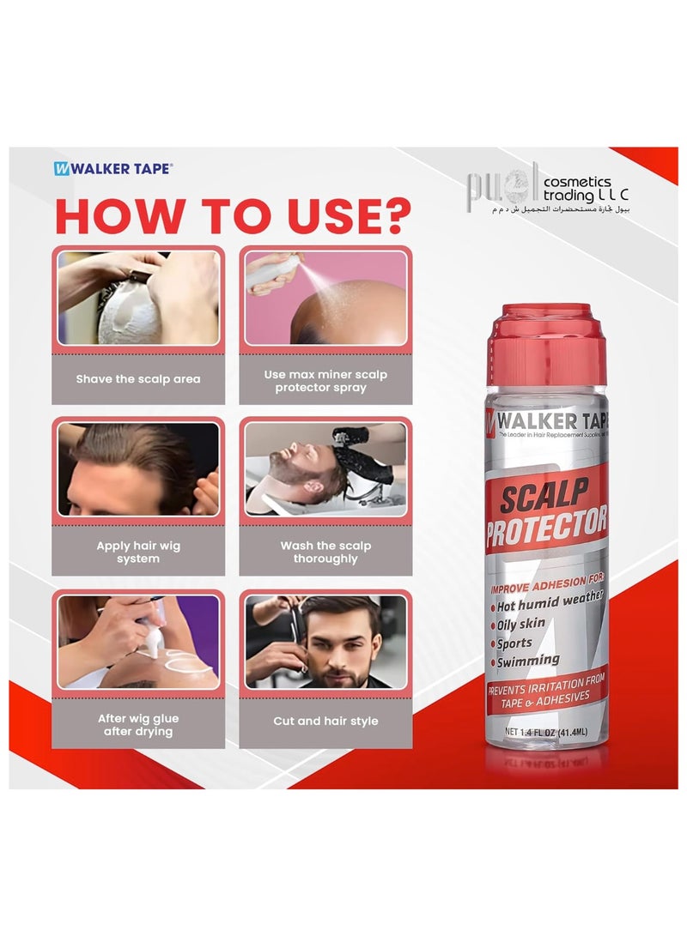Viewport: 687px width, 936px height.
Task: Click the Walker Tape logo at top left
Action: pyautogui.click(x=112, y=169)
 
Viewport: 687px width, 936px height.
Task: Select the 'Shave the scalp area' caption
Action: pyautogui.click(x=138, y=379)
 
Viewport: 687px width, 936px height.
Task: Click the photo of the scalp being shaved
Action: pyautogui.click(x=138, y=298)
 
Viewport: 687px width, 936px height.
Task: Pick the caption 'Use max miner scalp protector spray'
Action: pyautogui.click(x=325, y=381)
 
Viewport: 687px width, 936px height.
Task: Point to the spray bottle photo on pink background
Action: pyautogui.click(x=325, y=298)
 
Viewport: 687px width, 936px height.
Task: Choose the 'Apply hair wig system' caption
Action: pyautogui.click(x=138, y=552)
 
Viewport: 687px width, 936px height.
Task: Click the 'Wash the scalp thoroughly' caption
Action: pyautogui.click(x=325, y=552)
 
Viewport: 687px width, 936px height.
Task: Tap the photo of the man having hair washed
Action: pyautogui.click(x=325, y=469)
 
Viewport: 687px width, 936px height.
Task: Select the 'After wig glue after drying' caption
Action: pyautogui.click(x=138, y=724)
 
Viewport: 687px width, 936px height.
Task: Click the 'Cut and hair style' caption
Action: pyautogui.click(x=325, y=722)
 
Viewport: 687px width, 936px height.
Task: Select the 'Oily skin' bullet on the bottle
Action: pyautogui.click(x=526, y=624)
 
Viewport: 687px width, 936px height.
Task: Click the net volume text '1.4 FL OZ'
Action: pyautogui.click(x=544, y=732)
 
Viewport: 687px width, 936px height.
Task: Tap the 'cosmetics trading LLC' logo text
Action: pyautogui.click(x=577, y=188)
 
